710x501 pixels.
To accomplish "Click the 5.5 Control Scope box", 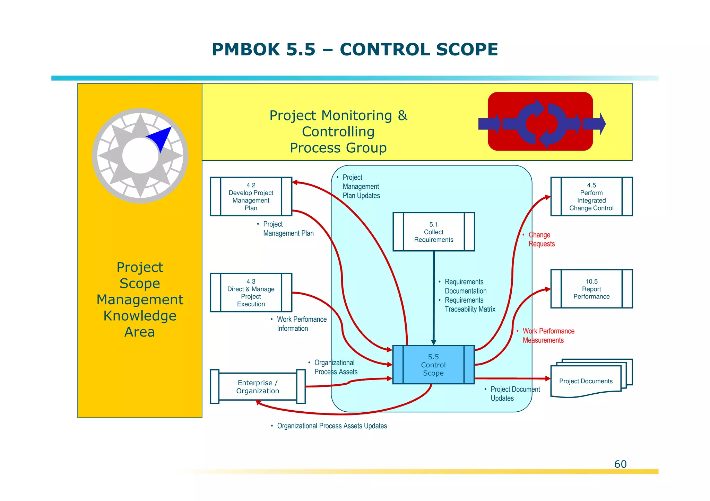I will (x=433, y=365).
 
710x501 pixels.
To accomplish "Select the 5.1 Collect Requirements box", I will (x=433, y=232).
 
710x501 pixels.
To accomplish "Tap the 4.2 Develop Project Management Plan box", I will (x=251, y=196).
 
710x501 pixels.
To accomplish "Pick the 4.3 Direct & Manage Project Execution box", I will (x=251, y=293).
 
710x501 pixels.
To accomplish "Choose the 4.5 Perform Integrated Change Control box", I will (x=591, y=196).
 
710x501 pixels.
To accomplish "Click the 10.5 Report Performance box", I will (x=591, y=289).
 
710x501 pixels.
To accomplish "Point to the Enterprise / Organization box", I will (x=258, y=387).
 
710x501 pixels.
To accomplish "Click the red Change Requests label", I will (x=541, y=239).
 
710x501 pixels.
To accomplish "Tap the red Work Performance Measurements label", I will (x=548, y=336).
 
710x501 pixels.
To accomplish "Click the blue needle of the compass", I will (x=160, y=138).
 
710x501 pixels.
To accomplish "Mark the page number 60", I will (x=620, y=464).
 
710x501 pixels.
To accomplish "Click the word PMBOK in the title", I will (x=245, y=50).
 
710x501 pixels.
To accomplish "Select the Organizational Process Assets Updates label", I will (x=331, y=426).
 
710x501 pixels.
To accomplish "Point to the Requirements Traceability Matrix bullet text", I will (x=469, y=305).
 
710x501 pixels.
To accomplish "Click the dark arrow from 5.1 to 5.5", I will (x=433, y=298).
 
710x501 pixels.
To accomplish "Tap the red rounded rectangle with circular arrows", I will (x=540, y=121).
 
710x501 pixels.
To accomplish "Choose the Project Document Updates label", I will (x=514, y=394).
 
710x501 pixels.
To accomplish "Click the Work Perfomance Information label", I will (x=301, y=324).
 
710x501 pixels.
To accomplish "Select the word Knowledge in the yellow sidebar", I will (x=140, y=316).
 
